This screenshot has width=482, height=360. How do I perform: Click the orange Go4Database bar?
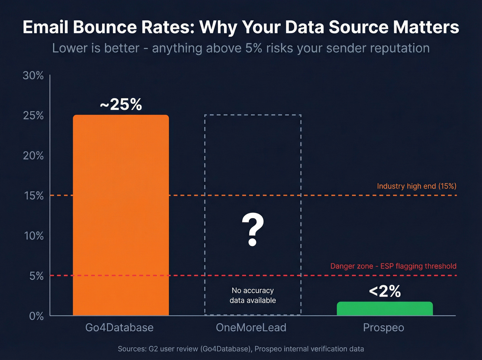coord(121,215)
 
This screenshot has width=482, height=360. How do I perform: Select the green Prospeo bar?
coord(385,309)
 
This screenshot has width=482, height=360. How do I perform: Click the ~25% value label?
coord(121,104)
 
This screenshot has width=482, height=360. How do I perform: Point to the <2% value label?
coord(385,291)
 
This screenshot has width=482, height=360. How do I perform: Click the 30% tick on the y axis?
coord(33,75)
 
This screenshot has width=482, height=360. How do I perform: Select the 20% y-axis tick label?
coord(33,156)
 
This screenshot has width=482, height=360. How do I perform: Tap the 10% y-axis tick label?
coord(34,236)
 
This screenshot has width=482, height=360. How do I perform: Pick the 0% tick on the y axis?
coord(36,316)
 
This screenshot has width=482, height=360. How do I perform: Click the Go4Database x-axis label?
coord(119,327)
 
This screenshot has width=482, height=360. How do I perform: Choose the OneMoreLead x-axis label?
coord(251,327)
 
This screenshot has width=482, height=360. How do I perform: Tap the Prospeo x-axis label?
coord(384,328)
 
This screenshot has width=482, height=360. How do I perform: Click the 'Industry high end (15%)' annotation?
coord(417,186)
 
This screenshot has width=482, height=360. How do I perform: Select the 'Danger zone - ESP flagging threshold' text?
coord(393,266)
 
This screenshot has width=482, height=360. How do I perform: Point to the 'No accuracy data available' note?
coord(253,296)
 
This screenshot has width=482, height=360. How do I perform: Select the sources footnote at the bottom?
coord(241,349)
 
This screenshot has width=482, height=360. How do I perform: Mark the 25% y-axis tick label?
coord(33,116)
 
